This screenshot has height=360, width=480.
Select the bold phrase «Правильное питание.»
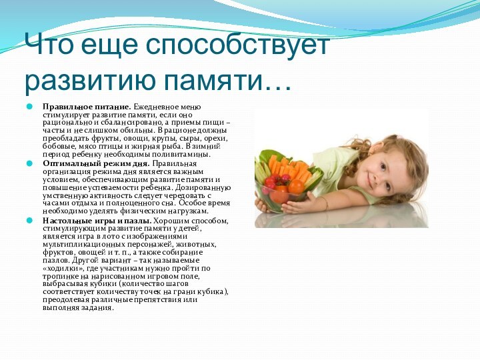point(87,107)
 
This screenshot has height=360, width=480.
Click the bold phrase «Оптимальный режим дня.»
point(96,163)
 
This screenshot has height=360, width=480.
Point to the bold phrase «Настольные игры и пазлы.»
point(97,221)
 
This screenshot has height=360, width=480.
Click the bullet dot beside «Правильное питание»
point(29,107)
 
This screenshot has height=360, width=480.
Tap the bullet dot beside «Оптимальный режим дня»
point(29,163)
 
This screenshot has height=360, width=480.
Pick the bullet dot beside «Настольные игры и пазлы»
point(29,221)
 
